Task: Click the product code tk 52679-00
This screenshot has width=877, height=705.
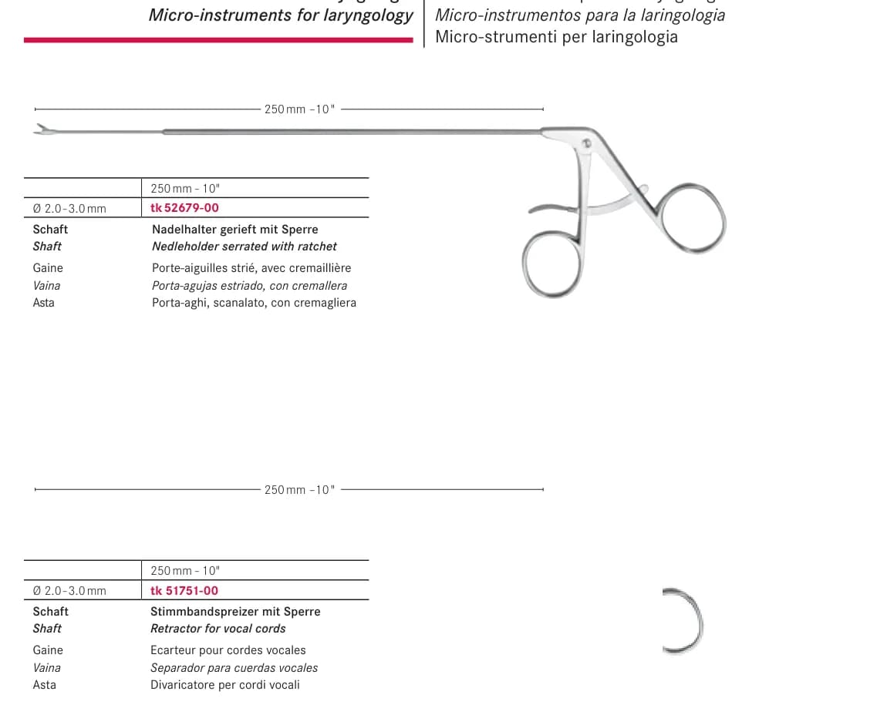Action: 184,208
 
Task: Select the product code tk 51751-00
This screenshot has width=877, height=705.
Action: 184,590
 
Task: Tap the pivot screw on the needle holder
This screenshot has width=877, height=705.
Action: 586,143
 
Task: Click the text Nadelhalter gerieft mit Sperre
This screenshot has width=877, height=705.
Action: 235,229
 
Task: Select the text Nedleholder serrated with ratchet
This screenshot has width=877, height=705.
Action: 245,247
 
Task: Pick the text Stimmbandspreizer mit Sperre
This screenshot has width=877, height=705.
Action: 235,611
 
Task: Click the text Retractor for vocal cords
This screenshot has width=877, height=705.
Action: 218,629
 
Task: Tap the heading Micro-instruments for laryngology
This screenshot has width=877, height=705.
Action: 281,15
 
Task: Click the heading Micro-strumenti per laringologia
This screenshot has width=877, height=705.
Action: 557,37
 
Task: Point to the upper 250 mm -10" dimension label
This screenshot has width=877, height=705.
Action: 300,109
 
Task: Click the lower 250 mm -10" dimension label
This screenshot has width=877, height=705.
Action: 300,490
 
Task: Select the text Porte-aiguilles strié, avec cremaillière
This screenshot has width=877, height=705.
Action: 251,267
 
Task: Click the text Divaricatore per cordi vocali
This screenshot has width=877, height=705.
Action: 225,685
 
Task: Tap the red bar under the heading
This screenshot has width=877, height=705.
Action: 219,39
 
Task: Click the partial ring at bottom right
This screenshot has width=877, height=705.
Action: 700,620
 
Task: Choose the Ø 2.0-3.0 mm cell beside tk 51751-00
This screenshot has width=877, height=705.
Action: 69,591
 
